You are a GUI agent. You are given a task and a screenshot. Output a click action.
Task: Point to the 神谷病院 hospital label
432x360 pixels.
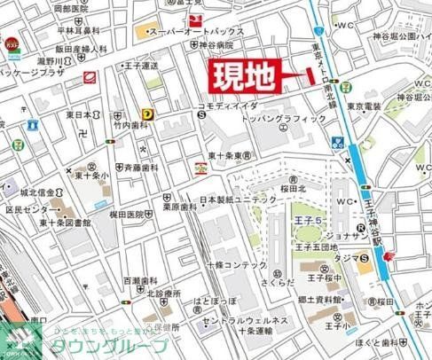click(x=216, y=44)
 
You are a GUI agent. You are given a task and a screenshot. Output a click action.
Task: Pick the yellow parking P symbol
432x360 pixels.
click(x=147, y=113)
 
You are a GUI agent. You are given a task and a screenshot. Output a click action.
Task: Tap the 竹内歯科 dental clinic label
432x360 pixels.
click(x=129, y=129)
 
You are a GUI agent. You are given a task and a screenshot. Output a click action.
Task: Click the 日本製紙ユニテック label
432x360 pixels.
click(x=239, y=200)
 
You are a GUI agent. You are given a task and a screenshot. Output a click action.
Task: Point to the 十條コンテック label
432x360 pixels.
click(x=236, y=264)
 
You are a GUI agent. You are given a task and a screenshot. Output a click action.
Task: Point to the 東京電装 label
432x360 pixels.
click(x=364, y=106)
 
